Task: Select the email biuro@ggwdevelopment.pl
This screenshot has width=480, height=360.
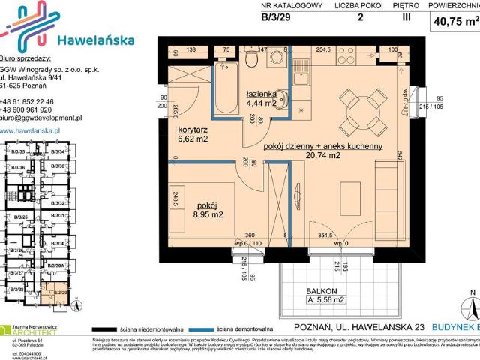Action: point(41,118)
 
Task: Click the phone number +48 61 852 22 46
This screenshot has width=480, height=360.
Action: point(36,100)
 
